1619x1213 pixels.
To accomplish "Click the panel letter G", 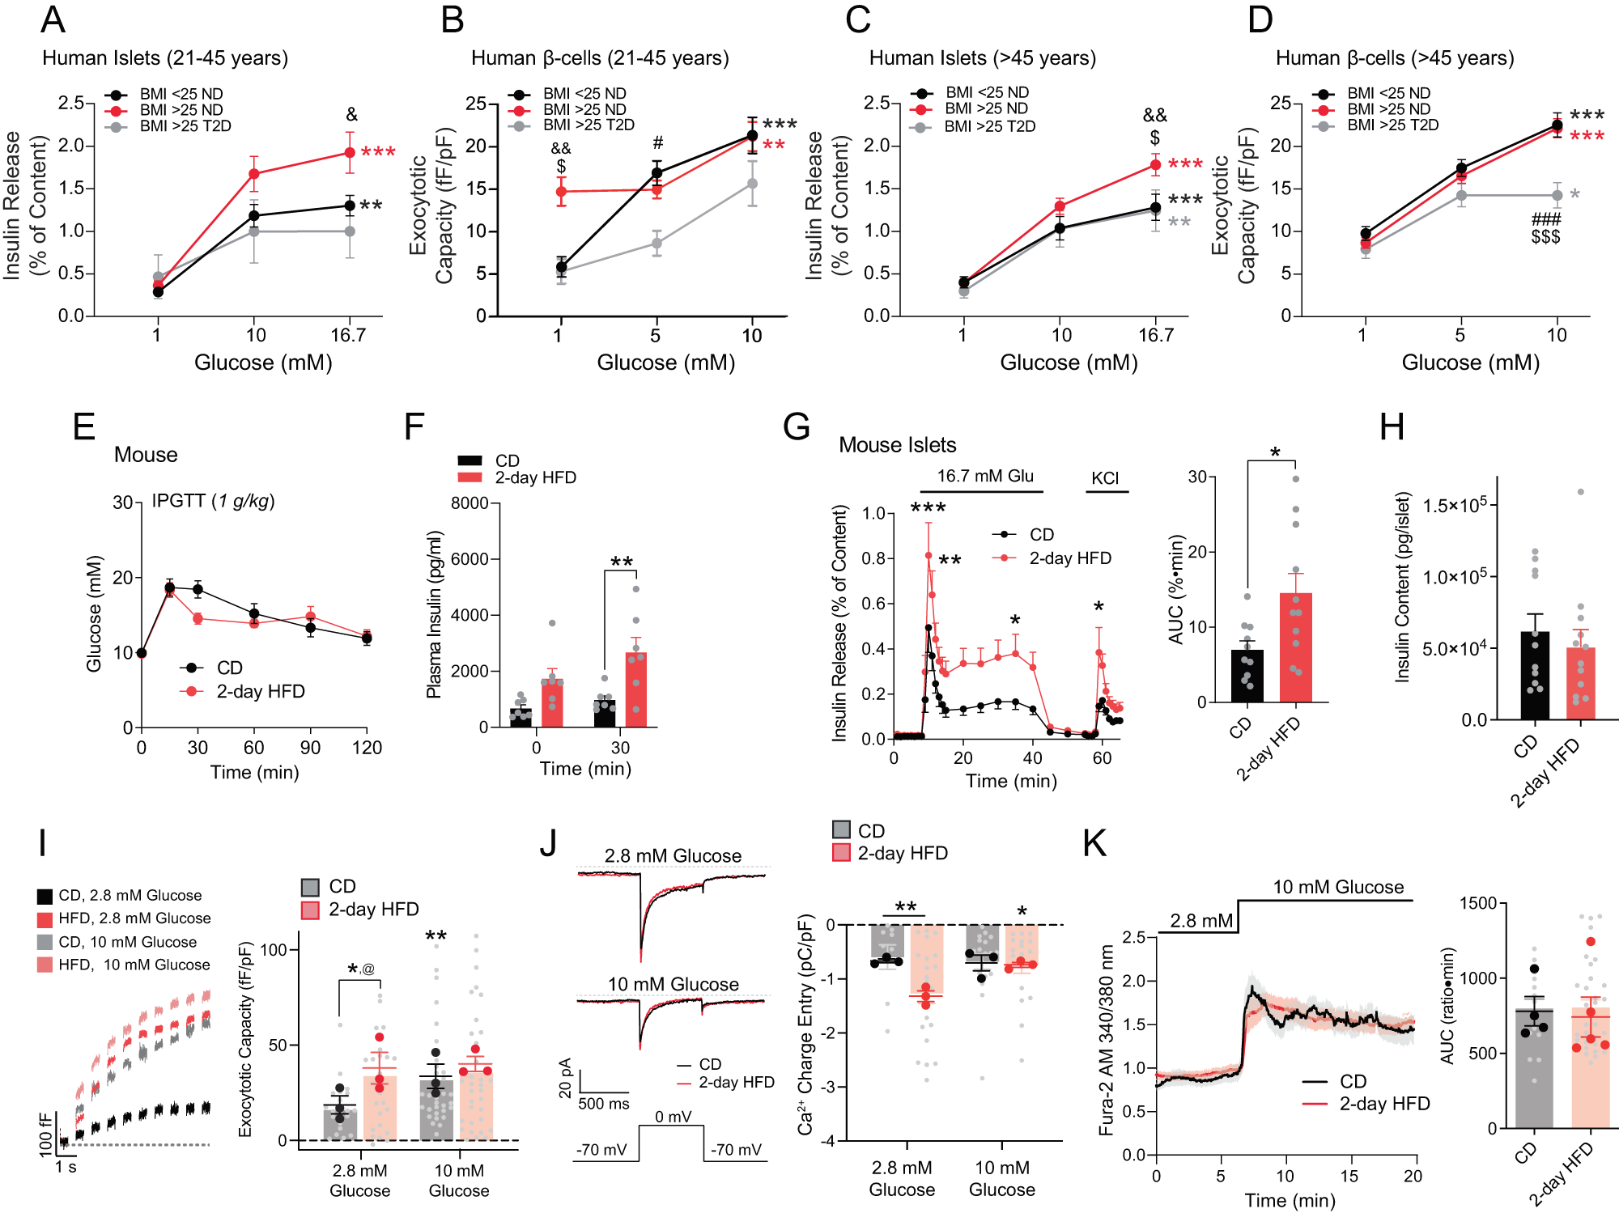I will click(x=797, y=426).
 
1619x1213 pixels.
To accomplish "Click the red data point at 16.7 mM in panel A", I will click(x=350, y=152).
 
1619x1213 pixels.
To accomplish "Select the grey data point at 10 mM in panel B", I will click(x=752, y=184).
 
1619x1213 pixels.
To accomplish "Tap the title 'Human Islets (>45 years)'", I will click(x=982, y=58).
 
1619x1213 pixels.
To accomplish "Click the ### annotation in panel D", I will click(x=1545, y=219).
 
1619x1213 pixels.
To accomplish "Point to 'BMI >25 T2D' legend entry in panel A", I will click(x=185, y=126).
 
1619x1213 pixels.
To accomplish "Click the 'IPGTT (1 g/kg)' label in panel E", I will click(x=213, y=501).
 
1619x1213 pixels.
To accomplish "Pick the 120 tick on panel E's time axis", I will click(x=367, y=748).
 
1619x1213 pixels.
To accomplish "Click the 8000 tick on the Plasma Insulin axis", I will click(x=469, y=503).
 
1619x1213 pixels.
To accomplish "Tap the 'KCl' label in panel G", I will click(x=1105, y=478).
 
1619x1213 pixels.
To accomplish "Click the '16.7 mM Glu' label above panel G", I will click(x=985, y=476).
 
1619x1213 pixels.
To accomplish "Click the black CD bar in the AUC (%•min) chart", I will click(x=1247, y=676).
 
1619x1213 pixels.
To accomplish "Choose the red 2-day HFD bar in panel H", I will click(x=1580, y=683).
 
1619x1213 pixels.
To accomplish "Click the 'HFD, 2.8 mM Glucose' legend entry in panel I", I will click(x=134, y=918).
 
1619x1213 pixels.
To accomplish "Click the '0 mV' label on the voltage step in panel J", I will click(x=673, y=1117).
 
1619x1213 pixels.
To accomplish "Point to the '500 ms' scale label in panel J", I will click(x=603, y=1104).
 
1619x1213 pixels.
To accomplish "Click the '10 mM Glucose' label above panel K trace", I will click(x=1337, y=887).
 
